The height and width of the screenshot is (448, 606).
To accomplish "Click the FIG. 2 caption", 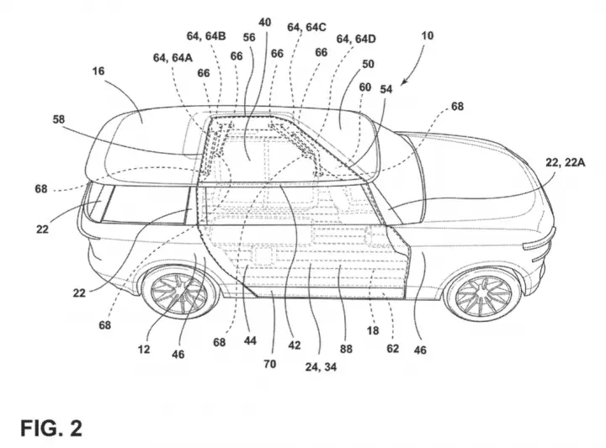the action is click(51, 429).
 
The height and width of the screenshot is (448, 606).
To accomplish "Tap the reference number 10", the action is click(427, 36).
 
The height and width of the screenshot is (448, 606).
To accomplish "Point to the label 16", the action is click(98, 71).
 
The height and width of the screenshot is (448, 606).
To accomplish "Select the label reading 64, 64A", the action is click(173, 58).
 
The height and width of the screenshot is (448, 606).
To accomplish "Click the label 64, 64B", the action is click(206, 36).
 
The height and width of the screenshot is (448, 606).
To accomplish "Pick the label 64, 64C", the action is click(306, 27).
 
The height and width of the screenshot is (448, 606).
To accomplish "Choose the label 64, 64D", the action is click(356, 39).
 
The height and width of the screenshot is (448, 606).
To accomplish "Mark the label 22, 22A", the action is click(565, 162).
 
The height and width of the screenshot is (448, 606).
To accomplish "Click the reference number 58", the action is click(59, 119).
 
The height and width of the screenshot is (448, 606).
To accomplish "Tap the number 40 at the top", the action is click(265, 23).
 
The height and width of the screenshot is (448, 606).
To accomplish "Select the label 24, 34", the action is click(321, 367).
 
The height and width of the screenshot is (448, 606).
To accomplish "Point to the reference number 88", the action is click(346, 349).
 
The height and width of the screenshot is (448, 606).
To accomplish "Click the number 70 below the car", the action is click(270, 364).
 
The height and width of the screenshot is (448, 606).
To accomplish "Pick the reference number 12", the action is click(144, 349).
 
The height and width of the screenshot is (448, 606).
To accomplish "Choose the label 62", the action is click(393, 349).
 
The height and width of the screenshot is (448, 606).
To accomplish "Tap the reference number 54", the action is click(386, 89).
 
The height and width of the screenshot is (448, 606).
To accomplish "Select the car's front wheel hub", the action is click(483, 297).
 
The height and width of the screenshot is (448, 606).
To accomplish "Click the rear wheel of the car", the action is click(178, 293).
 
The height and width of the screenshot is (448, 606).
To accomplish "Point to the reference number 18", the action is click(373, 330).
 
